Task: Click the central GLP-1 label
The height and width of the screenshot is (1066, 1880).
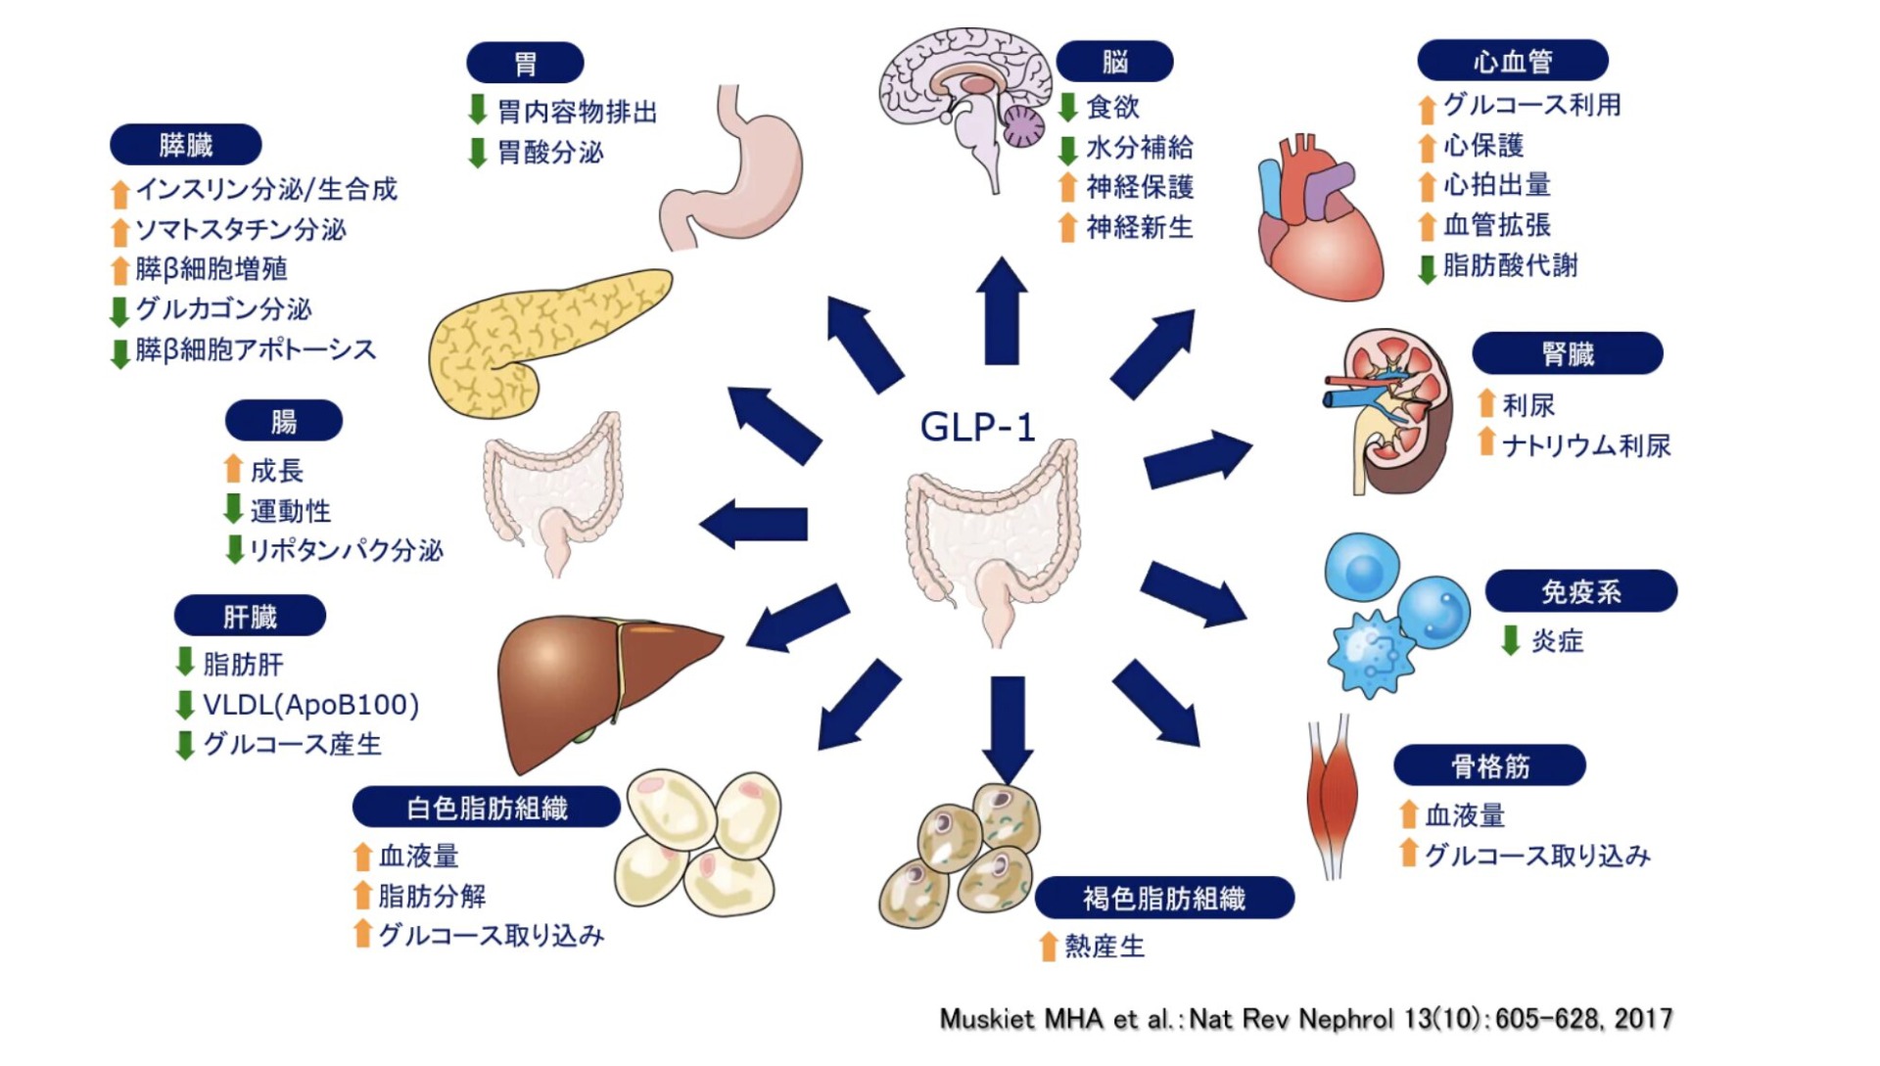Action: pos(977,427)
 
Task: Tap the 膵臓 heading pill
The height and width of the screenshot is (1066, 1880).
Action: pos(185,145)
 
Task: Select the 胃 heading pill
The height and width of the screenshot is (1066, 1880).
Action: pos(525,63)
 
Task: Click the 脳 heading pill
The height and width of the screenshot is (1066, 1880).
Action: pos(1114,62)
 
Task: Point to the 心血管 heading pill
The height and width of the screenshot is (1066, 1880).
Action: pos(1512,61)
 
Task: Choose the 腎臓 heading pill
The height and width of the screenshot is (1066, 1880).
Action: pos(1567,353)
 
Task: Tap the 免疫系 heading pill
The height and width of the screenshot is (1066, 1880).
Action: pos(1580,591)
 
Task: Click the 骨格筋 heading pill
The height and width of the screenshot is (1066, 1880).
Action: pos(1489,765)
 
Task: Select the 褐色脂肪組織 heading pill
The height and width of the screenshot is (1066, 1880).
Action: pos(1163,898)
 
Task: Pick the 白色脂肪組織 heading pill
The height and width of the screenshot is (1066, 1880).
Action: pos(487,808)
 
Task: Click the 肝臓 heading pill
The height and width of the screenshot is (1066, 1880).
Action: pos(250,617)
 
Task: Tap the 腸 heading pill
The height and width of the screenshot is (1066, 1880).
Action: pos(284,421)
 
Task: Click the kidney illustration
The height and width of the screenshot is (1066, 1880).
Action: pos(1395,411)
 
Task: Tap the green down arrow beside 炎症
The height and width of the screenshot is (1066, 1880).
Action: pos(1511,640)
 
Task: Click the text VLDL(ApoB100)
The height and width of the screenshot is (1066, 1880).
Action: pos(310,705)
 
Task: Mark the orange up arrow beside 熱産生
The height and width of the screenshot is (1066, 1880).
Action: pos(1048,946)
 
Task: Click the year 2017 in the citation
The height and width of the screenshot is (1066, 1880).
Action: pos(1643,1019)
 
